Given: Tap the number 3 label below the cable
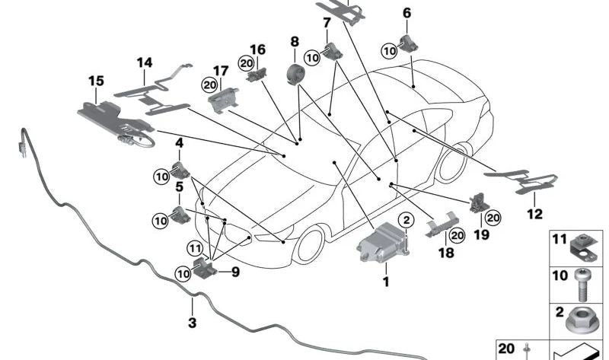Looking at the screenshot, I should tap(192, 323).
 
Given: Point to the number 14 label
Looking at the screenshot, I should tap(144, 62).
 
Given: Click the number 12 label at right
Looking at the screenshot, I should tap(534, 215).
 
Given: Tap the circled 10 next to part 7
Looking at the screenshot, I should tap(312, 57).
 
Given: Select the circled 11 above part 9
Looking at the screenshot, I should tap(196, 247).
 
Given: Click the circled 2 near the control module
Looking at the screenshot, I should tap(407, 220).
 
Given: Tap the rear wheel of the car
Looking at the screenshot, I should tap(451, 163).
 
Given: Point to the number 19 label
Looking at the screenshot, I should tap(480, 236).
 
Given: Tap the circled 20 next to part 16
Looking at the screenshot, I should tap(246, 65).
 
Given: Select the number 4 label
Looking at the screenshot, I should tap(180, 142).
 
